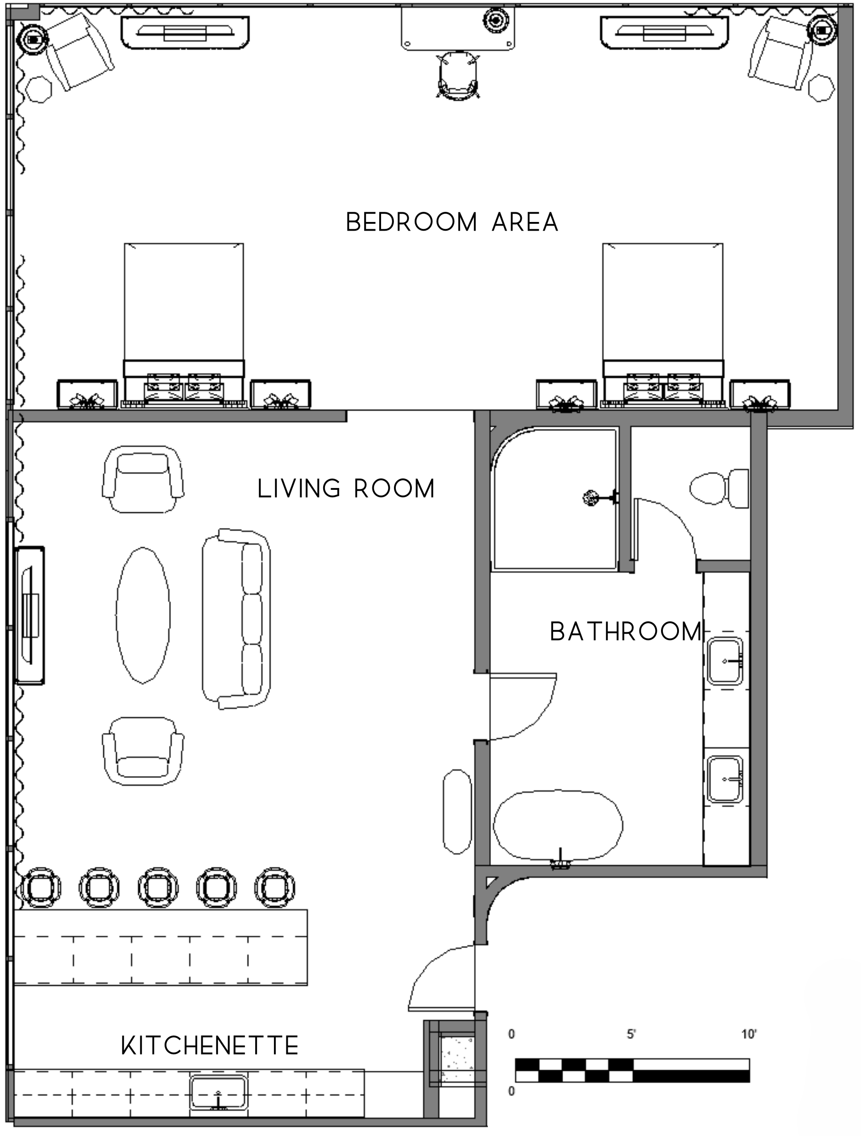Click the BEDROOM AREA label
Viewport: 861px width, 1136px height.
[452, 222]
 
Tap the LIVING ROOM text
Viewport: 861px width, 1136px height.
[346, 488]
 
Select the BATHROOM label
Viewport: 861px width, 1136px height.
[626, 631]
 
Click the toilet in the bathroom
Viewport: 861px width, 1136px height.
[719, 488]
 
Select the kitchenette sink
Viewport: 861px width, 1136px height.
[218, 1093]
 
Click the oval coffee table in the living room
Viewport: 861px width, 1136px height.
[143, 615]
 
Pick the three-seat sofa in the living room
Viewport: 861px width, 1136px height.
[236, 619]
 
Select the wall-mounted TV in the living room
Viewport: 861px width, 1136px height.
[29, 615]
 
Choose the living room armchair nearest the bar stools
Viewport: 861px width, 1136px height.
[143, 750]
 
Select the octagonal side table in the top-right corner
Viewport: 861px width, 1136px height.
[821, 88]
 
